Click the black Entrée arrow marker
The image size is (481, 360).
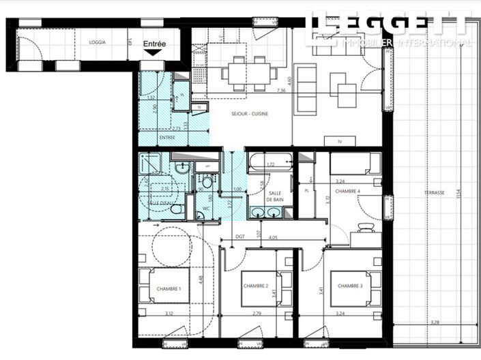pos(153,52)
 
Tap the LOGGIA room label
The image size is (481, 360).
pos(98,42)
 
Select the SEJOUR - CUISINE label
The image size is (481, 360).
pos(249,114)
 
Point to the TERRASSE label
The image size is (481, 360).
pos(434,193)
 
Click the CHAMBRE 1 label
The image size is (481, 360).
pos(169,289)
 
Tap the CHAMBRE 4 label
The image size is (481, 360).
pos(348,192)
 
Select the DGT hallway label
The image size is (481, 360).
pos(240,237)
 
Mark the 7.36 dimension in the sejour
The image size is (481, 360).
pos(281,91)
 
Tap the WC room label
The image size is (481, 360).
pos(205,208)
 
